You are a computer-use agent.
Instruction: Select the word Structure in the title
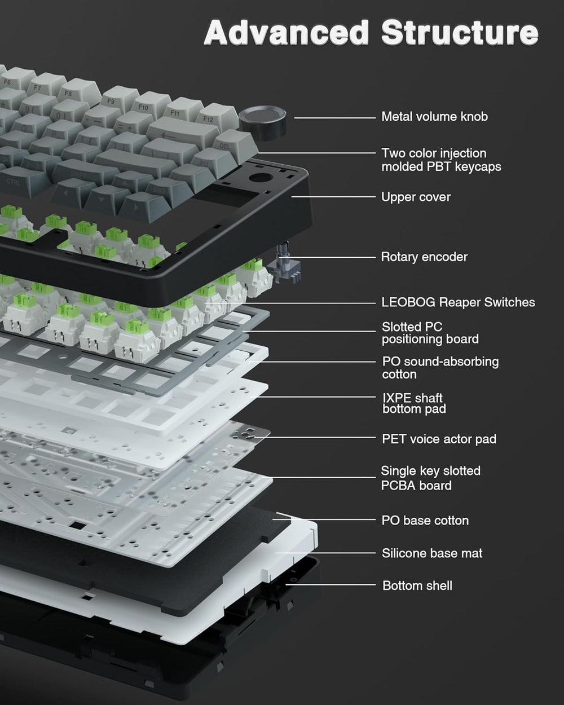coord(459,33)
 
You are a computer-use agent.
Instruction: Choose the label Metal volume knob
coord(434,117)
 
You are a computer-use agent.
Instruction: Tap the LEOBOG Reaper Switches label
coord(458,302)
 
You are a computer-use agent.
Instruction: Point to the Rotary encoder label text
coord(424,257)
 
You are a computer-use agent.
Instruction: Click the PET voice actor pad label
coord(439,439)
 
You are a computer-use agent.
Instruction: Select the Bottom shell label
coord(417,585)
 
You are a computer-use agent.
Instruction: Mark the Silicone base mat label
coord(432,553)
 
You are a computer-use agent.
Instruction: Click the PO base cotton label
coord(425,521)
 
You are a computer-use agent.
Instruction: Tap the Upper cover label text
coord(416,197)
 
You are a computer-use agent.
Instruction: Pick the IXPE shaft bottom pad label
coord(413,403)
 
